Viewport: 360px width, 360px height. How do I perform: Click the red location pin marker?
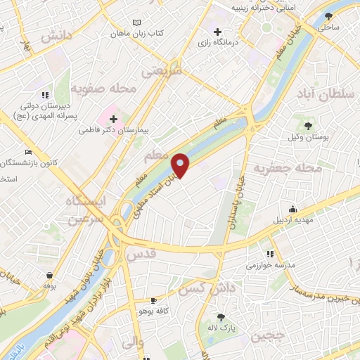click(180, 165)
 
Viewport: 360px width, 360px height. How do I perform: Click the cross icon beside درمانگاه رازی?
click(218, 32)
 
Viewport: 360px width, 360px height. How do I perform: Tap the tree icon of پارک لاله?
click(221, 317)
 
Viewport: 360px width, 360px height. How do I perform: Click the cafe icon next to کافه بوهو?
click(154, 300)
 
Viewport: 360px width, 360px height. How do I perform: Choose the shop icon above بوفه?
click(49, 275)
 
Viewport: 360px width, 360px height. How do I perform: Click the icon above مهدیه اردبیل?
click(293, 209)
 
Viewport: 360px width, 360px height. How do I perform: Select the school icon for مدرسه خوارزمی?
click(269, 254)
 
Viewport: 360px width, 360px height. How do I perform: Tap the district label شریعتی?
click(161, 71)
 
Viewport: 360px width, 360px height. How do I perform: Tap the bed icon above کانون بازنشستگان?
click(28, 152)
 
